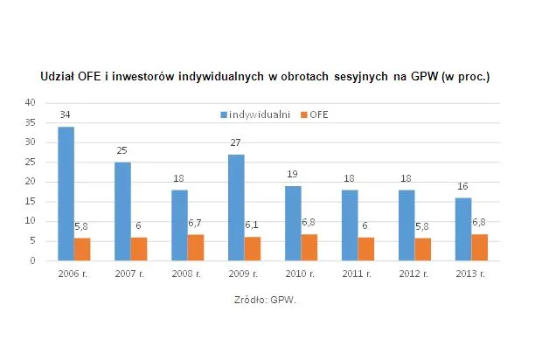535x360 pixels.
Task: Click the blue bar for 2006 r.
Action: pos(66,193)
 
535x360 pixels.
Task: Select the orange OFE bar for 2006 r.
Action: pos(82,249)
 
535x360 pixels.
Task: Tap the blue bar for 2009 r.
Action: pos(236,207)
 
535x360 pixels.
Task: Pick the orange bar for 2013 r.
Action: pos(480,247)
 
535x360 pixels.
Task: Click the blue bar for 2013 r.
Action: pos(463,229)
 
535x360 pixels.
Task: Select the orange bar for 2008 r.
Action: pos(196,247)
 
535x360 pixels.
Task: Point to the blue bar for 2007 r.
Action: pos(122,211)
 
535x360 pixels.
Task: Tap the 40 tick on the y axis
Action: pos(30,102)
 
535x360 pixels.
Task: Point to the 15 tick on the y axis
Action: pos(30,201)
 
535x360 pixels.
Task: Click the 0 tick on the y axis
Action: pos(32,260)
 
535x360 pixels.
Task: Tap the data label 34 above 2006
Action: pos(66,114)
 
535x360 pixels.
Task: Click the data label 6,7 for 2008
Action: pos(197,224)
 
